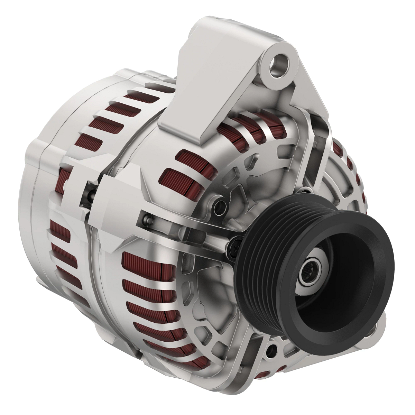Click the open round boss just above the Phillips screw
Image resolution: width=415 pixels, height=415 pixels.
pos(219,204)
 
